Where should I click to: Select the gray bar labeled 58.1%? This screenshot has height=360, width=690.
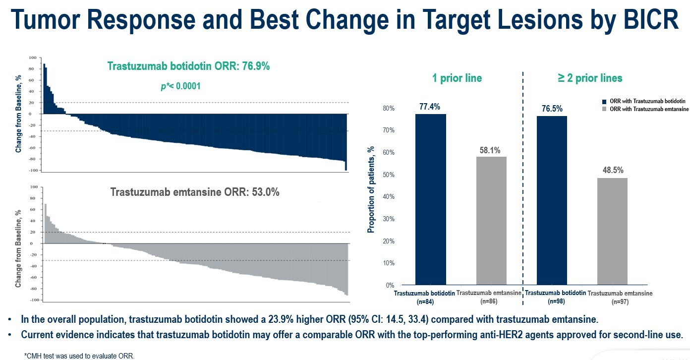coord(491,221)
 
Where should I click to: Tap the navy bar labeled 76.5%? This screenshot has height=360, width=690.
coord(552,200)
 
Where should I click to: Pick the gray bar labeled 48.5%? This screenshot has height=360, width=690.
coord(612,231)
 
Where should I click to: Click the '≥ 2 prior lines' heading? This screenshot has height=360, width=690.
coord(590,78)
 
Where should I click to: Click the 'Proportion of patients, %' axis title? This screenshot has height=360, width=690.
coord(371,190)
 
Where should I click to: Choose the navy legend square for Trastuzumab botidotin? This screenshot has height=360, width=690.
coord(604,102)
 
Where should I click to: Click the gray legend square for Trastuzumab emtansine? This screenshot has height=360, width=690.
coord(604,109)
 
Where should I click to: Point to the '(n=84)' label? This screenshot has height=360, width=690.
coord(424,301)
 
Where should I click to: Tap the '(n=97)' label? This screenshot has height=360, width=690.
coord(620,301)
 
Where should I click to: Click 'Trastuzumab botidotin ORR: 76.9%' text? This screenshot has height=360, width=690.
coord(188,66)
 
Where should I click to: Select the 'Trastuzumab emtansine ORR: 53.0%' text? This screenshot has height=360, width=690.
coord(194,192)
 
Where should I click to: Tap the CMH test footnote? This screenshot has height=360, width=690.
coord(79,356)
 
